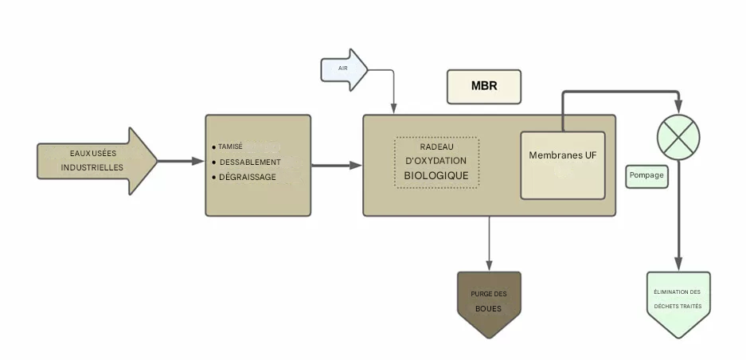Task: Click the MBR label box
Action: pos(484,86)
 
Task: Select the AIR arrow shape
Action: pos(342,69)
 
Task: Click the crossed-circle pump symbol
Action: pos(678,137)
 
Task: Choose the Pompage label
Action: pos(646,176)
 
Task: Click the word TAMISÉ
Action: pos(231,147)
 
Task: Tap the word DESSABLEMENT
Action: pos(250,162)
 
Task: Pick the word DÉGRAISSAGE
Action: pos(248,178)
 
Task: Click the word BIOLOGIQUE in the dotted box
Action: pos(436,175)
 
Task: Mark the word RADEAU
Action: pos(436,147)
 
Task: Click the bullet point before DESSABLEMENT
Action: pos(213,162)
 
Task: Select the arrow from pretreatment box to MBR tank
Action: pos(336,166)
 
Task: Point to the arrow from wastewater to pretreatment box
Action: pos(181,161)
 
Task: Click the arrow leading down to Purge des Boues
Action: pos(489,243)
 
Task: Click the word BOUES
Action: pos(488,308)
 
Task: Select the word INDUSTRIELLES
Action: pos(92,168)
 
